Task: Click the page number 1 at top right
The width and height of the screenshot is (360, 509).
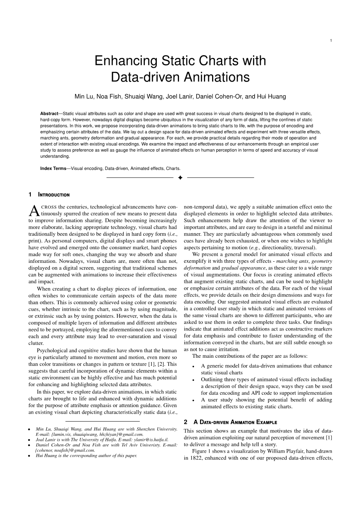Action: (331, 40)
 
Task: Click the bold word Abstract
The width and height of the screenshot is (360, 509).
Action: (49, 113)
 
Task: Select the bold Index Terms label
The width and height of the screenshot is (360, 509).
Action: (53, 168)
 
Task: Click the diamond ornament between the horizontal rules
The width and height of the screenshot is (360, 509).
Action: (180, 178)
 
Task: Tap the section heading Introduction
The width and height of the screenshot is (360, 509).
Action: (54, 195)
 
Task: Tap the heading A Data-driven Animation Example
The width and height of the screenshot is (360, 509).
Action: (235, 422)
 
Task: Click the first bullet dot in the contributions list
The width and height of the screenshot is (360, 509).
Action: (193, 366)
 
